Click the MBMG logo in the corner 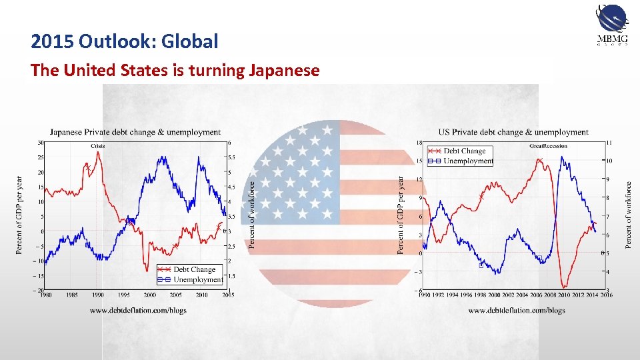tap(611, 25)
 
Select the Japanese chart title tap(135, 132)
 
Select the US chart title tap(513, 132)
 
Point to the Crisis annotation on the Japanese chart tap(98, 146)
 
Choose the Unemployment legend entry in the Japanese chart tap(197, 279)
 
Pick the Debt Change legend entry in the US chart tap(465, 151)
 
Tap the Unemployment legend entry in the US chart tap(468, 161)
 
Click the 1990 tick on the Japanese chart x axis tap(98, 295)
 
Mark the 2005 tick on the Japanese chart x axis tap(175, 295)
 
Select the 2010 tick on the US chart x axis tap(564, 295)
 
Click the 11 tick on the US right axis tap(609, 143)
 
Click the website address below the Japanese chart tap(138, 310)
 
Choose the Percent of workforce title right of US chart tap(628, 215)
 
